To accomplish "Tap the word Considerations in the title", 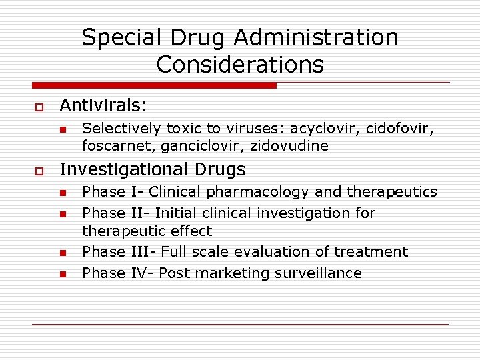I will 240,65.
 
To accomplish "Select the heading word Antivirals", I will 103,105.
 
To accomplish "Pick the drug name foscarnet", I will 118,145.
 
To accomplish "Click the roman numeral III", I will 139,252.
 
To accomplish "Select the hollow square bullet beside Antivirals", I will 39,107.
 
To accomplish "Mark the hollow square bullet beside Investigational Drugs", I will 39,171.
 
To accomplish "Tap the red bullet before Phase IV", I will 62,274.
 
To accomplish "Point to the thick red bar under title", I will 154,85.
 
